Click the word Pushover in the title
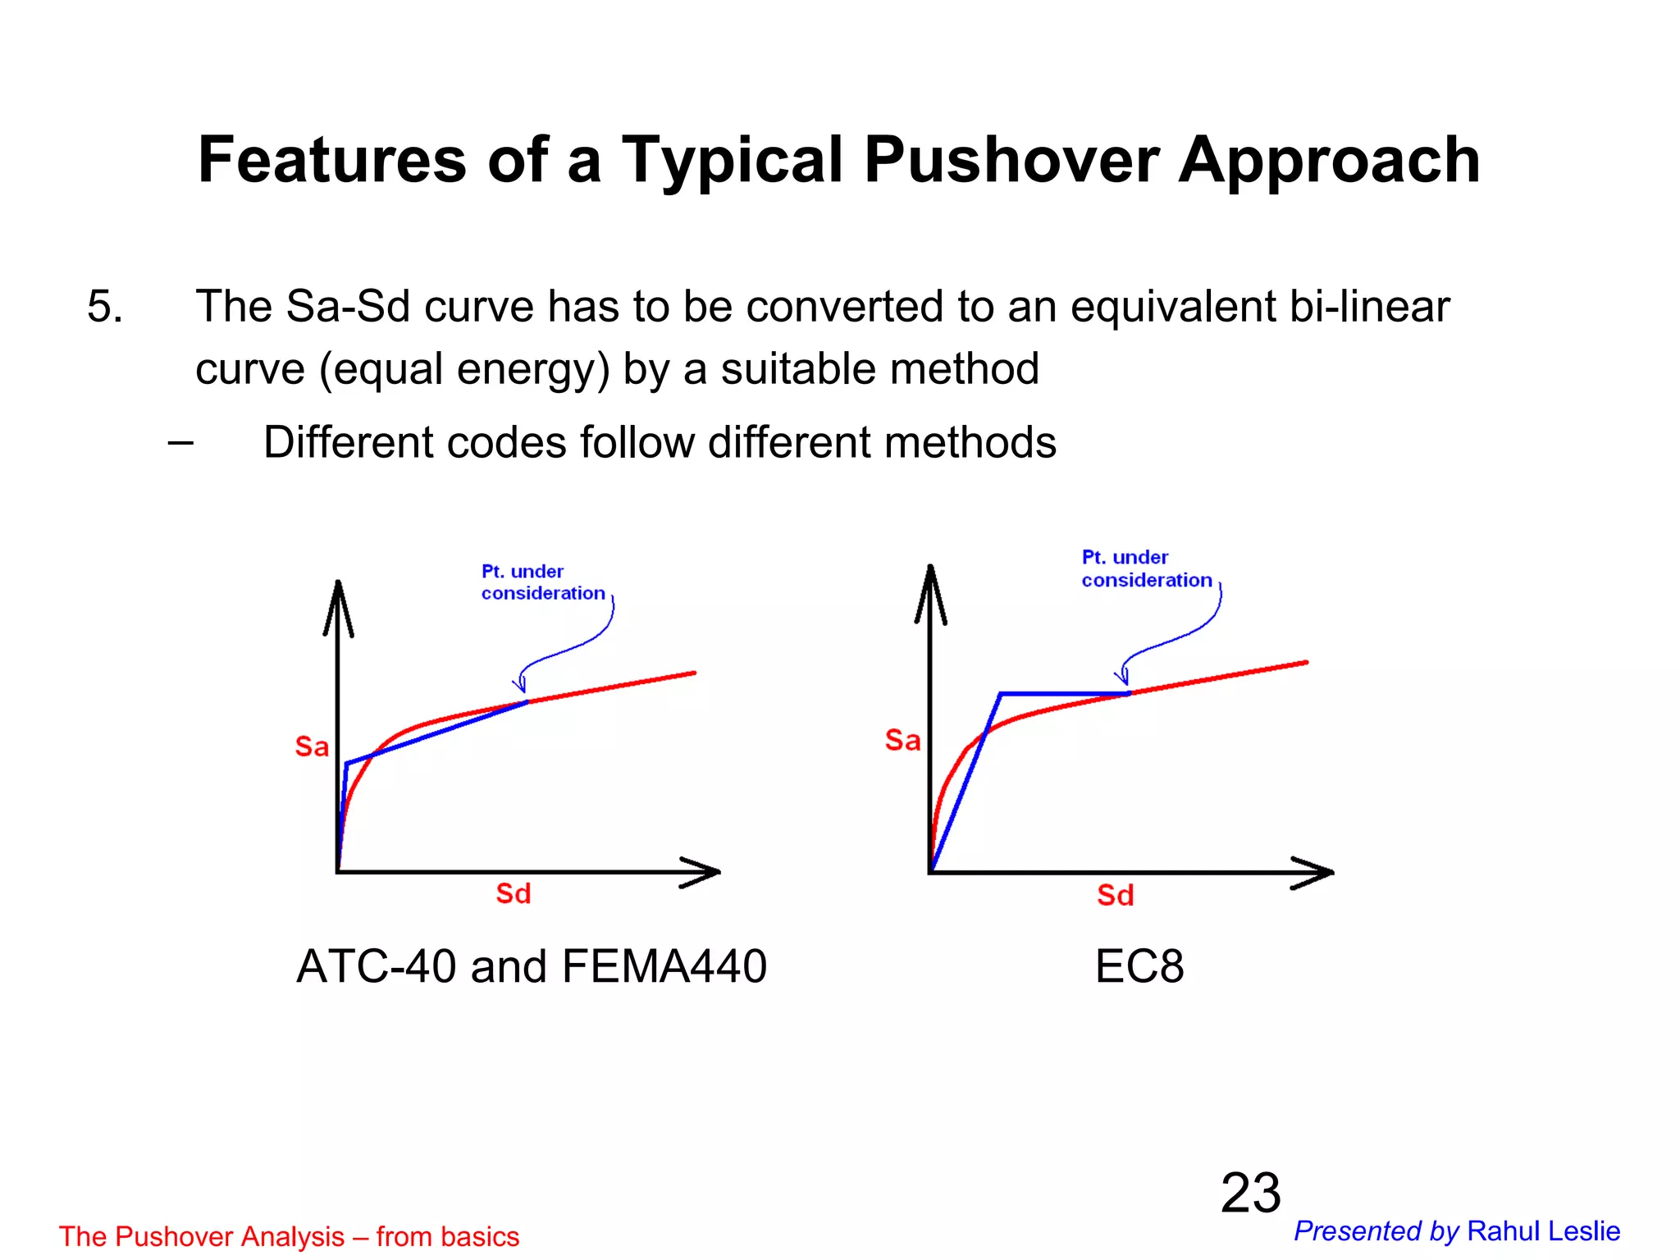pyautogui.click(x=1011, y=161)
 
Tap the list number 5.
pyautogui.click(x=105, y=307)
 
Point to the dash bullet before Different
pyautogui.click(x=180, y=443)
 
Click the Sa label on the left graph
pyautogui.click(x=312, y=746)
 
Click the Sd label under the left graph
pyautogui.click(x=514, y=893)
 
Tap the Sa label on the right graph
pyautogui.click(x=902, y=741)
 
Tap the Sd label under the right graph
pyautogui.click(x=1116, y=895)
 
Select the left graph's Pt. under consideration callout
pyautogui.click(x=542, y=582)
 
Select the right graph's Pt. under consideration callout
pyautogui.click(x=1146, y=569)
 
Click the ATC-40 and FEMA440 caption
pyautogui.click(x=532, y=966)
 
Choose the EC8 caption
pyautogui.click(x=1139, y=966)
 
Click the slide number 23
pyautogui.click(x=1250, y=1193)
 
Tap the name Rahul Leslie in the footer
pyautogui.click(x=1543, y=1231)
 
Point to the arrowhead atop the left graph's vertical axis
pyautogui.click(x=338, y=603)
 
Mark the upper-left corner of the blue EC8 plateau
pyautogui.click(x=1002, y=695)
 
